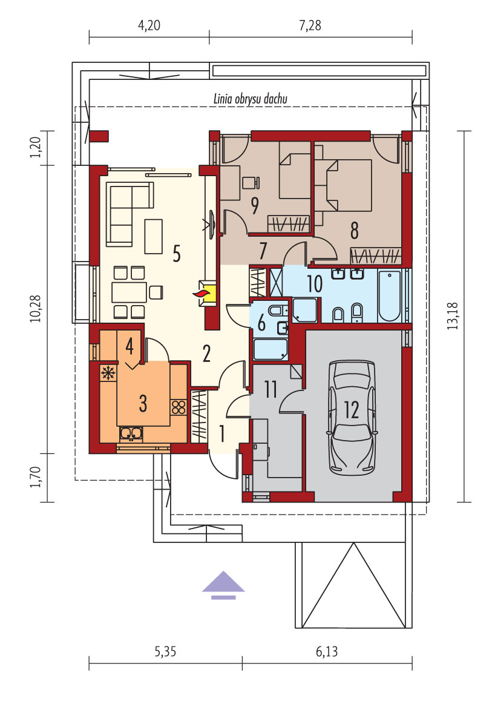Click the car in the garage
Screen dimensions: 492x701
click(x=352, y=417)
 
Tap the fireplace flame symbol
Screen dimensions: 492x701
click(x=201, y=293)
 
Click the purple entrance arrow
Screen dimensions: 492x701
click(x=223, y=585)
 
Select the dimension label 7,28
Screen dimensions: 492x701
click(x=310, y=25)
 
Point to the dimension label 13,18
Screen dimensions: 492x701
click(x=453, y=315)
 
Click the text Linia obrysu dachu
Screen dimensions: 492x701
click(x=251, y=99)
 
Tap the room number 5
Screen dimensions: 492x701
click(x=177, y=254)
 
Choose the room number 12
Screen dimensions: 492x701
click(x=352, y=409)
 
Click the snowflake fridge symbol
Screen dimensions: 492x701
click(x=108, y=372)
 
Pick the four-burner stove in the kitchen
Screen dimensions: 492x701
click(x=179, y=407)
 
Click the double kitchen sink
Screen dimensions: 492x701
click(x=131, y=433)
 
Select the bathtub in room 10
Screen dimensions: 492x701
click(x=389, y=295)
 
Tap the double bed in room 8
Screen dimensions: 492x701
click(x=349, y=185)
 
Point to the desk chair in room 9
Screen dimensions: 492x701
click(x=251, y=182)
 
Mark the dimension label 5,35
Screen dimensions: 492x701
click(x=165, y=651)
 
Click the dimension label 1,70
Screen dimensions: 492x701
click(x=36, y=477)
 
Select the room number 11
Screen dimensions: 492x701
click(x=271, y=389)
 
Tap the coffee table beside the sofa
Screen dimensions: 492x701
click(x=153, y=237)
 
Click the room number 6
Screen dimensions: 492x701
click(x=262, y=323)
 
